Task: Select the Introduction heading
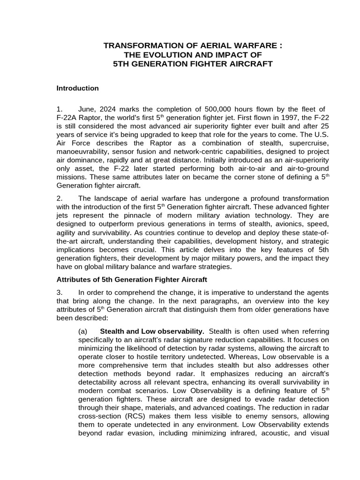(78, 88)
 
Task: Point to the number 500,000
(204, 110)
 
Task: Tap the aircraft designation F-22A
(67, 119)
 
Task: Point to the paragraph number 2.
(59, 199)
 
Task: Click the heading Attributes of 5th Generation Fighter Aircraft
(132, 280)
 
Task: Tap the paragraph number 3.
(59, 292)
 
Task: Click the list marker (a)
(83, 331)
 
